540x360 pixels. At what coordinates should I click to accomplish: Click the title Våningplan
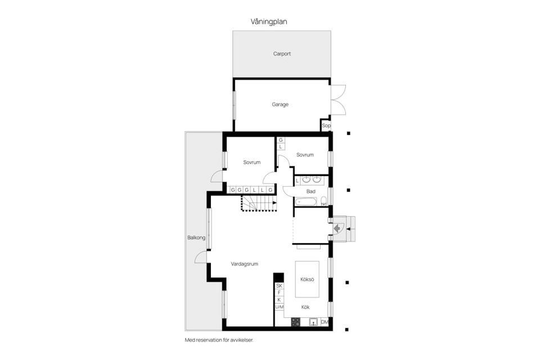pyautogui.click(x=269, y=21)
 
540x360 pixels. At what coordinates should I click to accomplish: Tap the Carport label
pyautogui.click(x=282, y=54)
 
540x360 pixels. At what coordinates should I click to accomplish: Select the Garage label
pyautogui.click(x=280, y=104)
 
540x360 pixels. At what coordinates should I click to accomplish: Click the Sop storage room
pyautogui.click(x=326, y=125)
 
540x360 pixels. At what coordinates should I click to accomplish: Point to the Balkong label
pyautogui.click(x=196, y=238)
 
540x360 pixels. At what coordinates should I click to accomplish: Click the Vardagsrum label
pyautogui.click(x=244, y=263)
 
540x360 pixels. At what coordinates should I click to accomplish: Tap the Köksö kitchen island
pyautogui.click(x=307, y=279)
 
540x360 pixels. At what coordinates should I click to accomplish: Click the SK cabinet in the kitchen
pyautogui.click(x=279, y=286)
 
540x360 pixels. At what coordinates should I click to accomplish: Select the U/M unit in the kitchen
pyautogui.click(x=279, y=307)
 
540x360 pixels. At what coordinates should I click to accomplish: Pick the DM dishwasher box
pyautogui.click(x=325, y=322)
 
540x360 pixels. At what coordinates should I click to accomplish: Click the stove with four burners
pyautogui.click(x=296, y=322)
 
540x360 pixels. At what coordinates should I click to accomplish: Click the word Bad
pyautogui.click(x=311, y=191)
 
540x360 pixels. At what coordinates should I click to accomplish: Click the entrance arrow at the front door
pyautogui.click(x=337, y=228)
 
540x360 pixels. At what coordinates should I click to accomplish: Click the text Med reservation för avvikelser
pyautogui.click(x=223, y=340)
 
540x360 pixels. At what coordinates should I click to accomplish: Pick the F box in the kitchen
pyautogui.click(x=279, y=292)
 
